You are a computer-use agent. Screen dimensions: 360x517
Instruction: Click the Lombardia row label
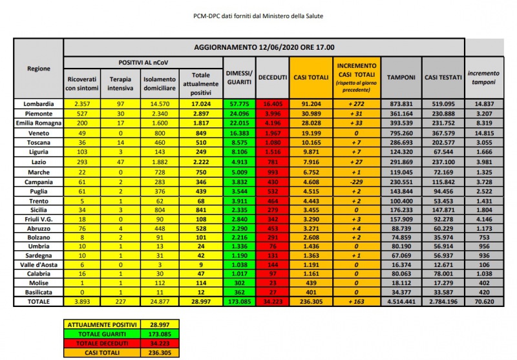(x=39, y=103)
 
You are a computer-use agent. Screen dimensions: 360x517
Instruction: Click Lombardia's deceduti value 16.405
(x=273, y=103)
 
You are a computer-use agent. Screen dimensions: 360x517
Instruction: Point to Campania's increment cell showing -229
(x=356, y=184)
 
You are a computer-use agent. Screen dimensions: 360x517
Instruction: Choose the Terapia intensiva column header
(x=120, y=83)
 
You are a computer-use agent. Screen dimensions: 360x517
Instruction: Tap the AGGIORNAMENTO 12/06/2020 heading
(x=264, y=47)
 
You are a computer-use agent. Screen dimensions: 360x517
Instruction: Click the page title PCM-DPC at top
(x=258, y=14)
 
